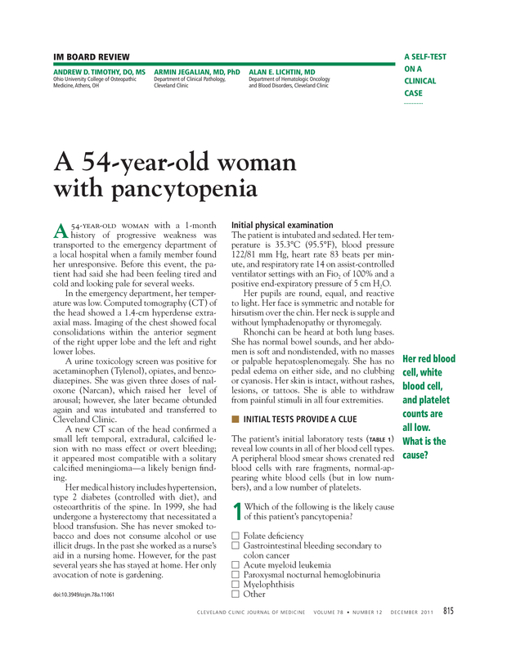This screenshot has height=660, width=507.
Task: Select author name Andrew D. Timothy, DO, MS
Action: [x=99, y=72]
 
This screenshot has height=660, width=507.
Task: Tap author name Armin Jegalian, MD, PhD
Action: [x=197, y=72]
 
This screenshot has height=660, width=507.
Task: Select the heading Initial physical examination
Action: [x=282, y=224]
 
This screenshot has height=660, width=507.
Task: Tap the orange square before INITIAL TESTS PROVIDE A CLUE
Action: [x=236, y=420]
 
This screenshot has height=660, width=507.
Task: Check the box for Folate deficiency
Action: [x=236, y=536]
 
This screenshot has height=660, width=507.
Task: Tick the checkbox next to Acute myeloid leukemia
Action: [x=236, y=565]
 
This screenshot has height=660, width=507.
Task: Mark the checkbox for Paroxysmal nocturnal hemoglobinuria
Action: [x=236, y=575]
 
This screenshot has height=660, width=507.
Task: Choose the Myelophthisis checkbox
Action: [x=236, y=585]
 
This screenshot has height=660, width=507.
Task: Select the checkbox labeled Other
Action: [x=236, y=595]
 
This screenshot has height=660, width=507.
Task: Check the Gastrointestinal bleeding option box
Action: [x=236, y=546]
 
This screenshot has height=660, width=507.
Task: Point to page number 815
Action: [x=449, y=610]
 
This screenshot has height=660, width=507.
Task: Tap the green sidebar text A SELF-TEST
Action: [x=425, y=56]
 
